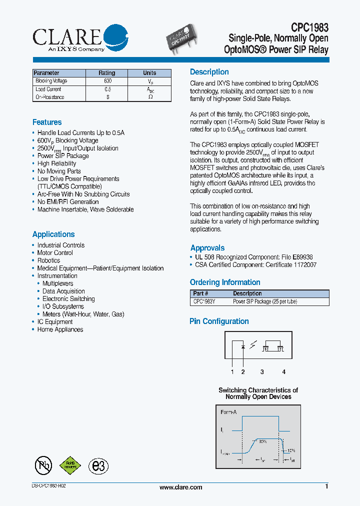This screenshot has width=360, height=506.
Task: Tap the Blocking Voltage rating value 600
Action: (x=107, y=81)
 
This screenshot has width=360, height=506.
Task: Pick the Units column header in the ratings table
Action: (x=149, y=73)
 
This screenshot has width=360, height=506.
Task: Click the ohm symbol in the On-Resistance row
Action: (x=150, y=97)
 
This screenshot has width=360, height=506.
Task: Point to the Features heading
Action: (x=47, y=122)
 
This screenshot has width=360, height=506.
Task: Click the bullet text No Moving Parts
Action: (x=58, y=171)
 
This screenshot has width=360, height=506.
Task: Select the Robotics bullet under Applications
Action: (x=48, y=260)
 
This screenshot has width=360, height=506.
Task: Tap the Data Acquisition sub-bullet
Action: (x=63, y=291)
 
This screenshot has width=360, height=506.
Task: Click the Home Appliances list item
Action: (x=60, y=329)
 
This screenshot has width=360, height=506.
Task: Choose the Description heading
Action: (x=209, y=72)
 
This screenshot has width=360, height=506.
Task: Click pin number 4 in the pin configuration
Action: (x=283, y=371)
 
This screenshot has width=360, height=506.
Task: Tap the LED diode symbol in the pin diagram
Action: (x=243, y=346)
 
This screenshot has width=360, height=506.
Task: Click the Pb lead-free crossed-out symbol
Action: (x=43, y=465)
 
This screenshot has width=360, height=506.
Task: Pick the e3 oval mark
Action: (x=98, y=466)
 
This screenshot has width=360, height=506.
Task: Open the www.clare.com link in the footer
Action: (x=180, y=487)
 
